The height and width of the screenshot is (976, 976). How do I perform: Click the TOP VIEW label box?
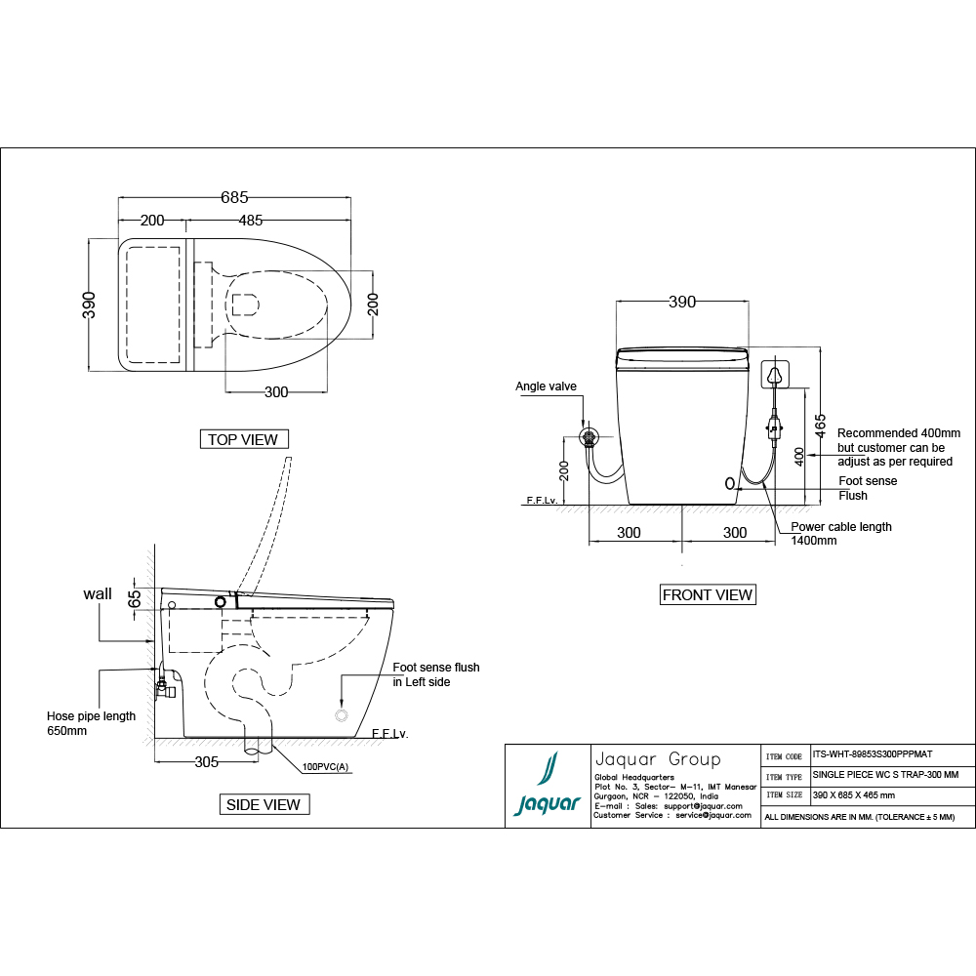pos(243,439)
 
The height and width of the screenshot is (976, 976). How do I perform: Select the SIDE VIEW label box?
pos(264,804)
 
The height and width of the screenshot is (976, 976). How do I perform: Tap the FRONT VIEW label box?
pos(708,594)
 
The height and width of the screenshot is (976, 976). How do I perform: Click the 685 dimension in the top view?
pos(234,197)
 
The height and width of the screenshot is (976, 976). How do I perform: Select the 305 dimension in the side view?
pos(206,762)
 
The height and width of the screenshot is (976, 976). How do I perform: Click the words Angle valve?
pos(546,386)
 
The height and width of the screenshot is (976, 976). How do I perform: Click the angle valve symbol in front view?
pos(589,436)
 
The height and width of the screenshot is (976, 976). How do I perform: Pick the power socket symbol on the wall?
pos(776,374)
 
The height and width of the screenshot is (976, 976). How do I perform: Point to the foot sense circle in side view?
pos(342,715)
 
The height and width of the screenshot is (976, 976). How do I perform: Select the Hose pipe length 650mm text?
pos(91,723)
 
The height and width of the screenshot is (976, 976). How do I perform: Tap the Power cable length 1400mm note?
pos(840,533)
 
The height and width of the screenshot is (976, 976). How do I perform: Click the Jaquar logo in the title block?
pos(548,787)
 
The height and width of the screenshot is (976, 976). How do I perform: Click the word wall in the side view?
pos(98,593)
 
